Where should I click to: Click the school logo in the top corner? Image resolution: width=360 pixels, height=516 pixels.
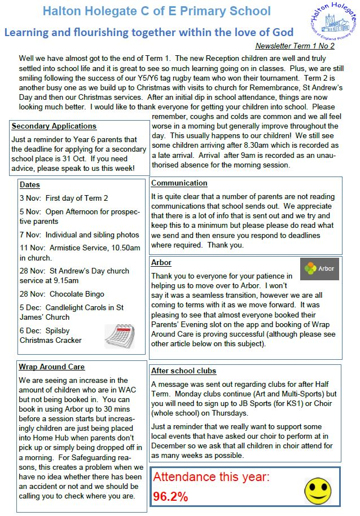pyautogui.click(x=333, y=23)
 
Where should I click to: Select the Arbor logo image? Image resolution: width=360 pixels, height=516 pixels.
pyautogui.click(x=319, y=269)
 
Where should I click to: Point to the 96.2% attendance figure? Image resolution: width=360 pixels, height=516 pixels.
pyautogui.click(x=170, y=497)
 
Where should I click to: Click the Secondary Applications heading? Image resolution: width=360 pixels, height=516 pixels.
pyautogui.click(x=54, y=126)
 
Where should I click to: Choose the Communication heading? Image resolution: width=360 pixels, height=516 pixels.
pyautogui.click(x=179, y=183)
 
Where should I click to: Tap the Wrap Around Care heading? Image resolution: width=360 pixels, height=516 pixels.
pyautogui.click(x=52, y=367)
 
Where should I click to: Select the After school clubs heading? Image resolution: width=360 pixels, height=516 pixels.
pyautogui.click(x=184, y=371)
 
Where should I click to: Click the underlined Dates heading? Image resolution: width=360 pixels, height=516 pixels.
pyautogui.click(x=29, y=184)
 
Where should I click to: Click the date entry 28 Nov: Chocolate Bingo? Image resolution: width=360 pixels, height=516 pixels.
pyautogui.click(x=62, y=294)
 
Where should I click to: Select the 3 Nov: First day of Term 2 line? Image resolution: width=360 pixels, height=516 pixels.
pyautogui.click(x=64, y=198)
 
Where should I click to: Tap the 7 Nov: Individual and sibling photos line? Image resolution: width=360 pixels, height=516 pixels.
pyautogui.click(x=79, y=235)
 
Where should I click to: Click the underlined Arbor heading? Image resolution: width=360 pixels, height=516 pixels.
pyautogui.click(x=161, y=263)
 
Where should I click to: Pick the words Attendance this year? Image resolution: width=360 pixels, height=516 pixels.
pyautogui.click(x=212, y=477)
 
